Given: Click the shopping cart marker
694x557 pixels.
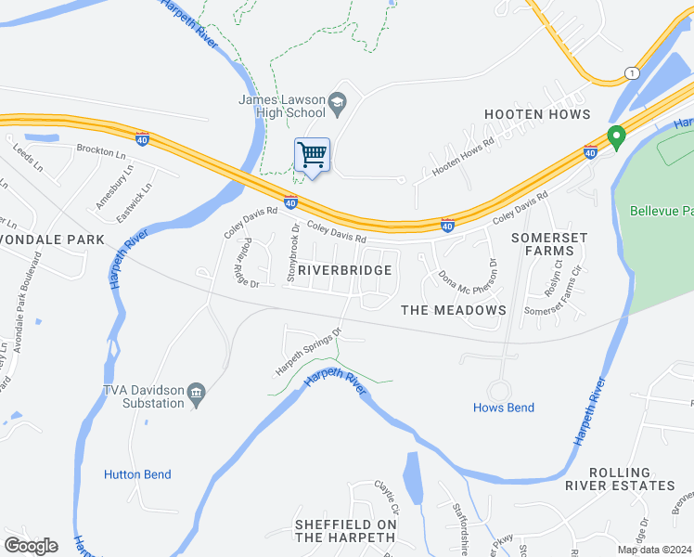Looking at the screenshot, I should [x=313, y=154].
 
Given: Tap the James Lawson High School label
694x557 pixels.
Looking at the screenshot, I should [x=282, y=107].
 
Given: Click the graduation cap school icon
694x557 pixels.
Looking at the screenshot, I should [x=338, y=101].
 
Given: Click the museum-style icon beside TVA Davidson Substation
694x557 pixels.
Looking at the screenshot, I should [x=197, y=395].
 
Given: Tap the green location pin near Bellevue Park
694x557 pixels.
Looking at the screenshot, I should [x=614, y=138].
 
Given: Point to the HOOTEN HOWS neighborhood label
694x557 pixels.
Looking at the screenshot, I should [x=537, y=114].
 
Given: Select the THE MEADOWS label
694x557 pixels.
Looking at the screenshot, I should [x=454, y=310].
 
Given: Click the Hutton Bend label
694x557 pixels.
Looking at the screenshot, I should [x=137, y=474].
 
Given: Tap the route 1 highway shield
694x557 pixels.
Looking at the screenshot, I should [x=632, y=72].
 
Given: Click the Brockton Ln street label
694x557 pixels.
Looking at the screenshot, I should [x=100, y=149].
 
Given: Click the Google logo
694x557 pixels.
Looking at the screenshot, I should [x=31, y=546].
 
